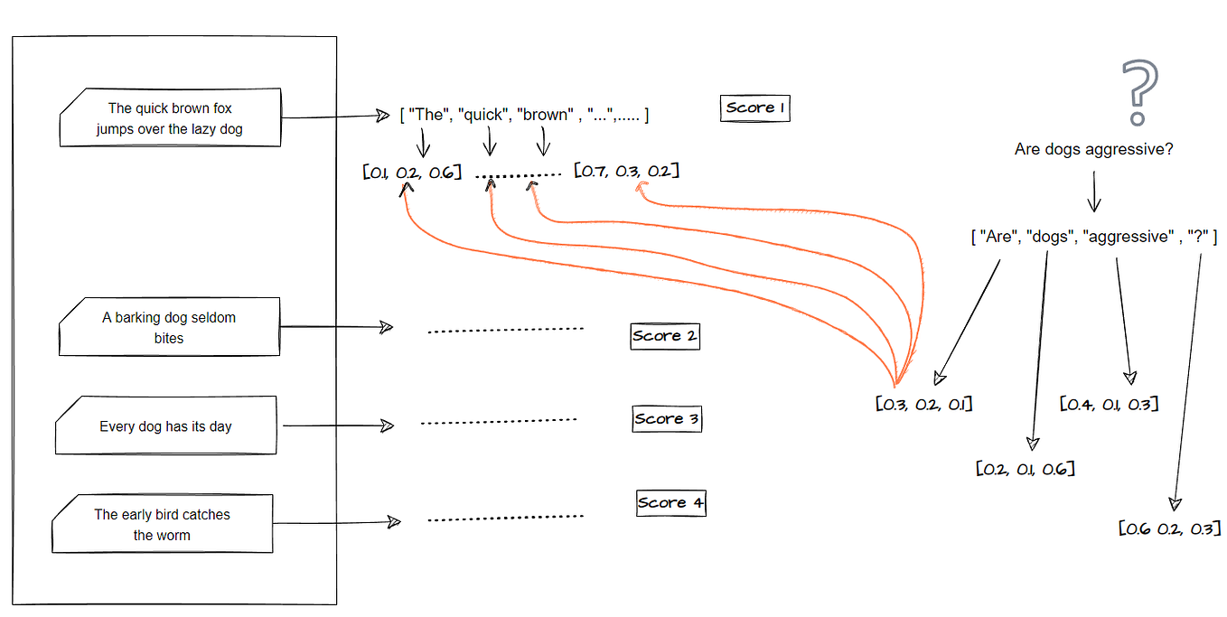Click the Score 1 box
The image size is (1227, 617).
click(x=755, y=108)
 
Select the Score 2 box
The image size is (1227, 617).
click(x=665, y=336)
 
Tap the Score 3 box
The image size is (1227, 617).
click(x=667, y=419)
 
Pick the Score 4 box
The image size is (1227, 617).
click(x=670, y=503)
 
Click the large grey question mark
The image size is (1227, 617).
click(x=1138, y=93)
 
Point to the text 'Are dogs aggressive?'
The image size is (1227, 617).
click(x=1093, y=150)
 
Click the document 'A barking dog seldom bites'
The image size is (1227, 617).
click(x=169, y=328)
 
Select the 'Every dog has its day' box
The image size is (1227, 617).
click(x=166, y=426)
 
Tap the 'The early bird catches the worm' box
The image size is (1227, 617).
click(x=163, y=525)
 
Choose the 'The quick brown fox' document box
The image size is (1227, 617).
click(x=170, y=118)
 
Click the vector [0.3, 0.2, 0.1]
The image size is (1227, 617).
click(x=923, y=404)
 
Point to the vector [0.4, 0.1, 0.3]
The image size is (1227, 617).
click(x=1109, y=403)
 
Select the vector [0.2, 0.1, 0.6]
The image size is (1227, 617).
click(x=1026, y=469)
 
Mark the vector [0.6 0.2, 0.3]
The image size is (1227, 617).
click(x=1169, y=528)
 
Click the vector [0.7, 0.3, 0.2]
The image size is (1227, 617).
click(x=626, y=171)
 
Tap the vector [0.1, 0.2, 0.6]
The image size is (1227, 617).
click(x=412, y=172)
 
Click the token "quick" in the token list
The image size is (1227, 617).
click(x=483, y=115)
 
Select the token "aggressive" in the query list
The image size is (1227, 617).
click(x=1126, y=237)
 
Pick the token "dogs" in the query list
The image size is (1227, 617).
click(x=1049, y=237)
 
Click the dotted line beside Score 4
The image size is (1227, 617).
click(x=505, y=519)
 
